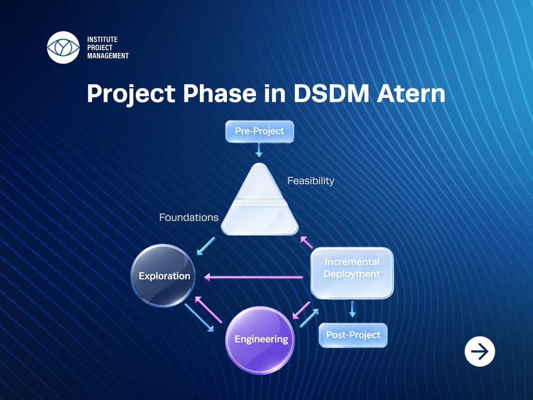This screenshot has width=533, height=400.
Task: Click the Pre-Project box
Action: click(259, 132)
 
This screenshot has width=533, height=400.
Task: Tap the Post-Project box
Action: click(353, 335)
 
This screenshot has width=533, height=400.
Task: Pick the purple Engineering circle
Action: click(261, 340)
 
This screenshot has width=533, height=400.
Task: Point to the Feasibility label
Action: click(310, 181)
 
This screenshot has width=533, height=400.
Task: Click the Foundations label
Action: click(189, 217)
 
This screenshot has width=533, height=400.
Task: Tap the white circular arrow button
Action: click(479, 352)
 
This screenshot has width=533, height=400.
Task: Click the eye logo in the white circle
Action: click(63, 47)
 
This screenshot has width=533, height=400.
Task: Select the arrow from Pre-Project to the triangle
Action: click(259, 150)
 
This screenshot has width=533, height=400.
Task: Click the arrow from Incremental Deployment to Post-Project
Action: click(352, 309)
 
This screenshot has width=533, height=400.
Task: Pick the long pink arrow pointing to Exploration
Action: click(253, 277)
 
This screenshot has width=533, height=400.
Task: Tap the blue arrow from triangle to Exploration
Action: click(206, 246)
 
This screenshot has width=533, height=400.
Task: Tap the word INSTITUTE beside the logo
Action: click(102, 40)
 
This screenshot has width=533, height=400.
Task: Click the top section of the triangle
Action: click(259, 184)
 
